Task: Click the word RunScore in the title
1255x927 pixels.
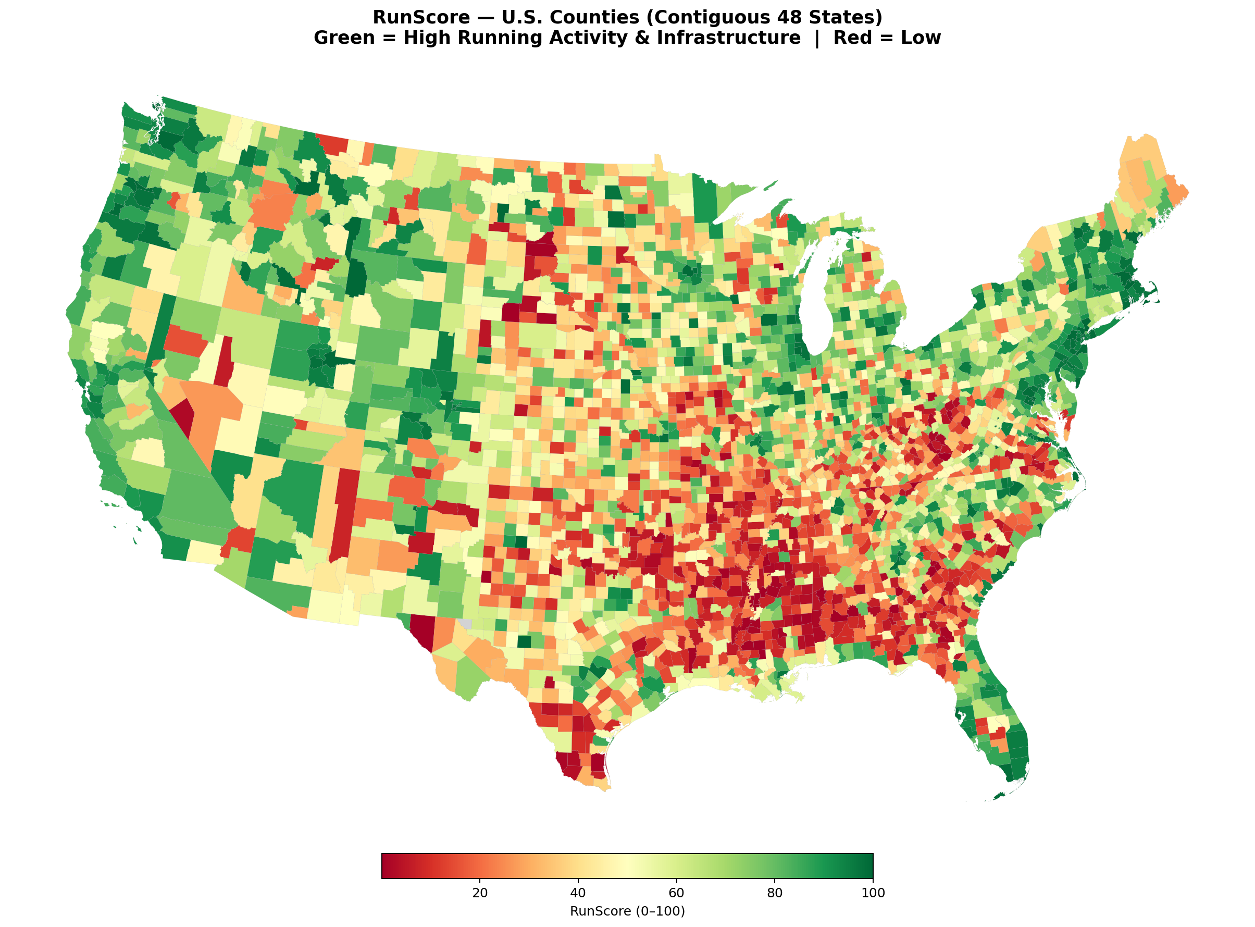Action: click(x=421, y=17)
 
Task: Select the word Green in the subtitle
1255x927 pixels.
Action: click(x=343, y=38)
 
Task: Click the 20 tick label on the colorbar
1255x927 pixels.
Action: click(x=480, y=893)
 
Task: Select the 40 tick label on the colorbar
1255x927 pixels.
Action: click(x=578, y=893)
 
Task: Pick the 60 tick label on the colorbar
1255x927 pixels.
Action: click(x=676, y=893)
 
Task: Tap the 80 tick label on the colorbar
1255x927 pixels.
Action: click(x=774, y=893)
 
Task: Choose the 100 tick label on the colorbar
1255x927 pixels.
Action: click(x=873, y=893)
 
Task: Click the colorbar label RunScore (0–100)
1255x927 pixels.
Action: click(x=627, y=911)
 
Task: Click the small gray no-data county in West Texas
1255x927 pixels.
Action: click(x=465, y=623)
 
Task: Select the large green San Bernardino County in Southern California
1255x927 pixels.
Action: click(x=196, y=499)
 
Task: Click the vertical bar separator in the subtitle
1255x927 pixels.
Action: click(x=817, y=38)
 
